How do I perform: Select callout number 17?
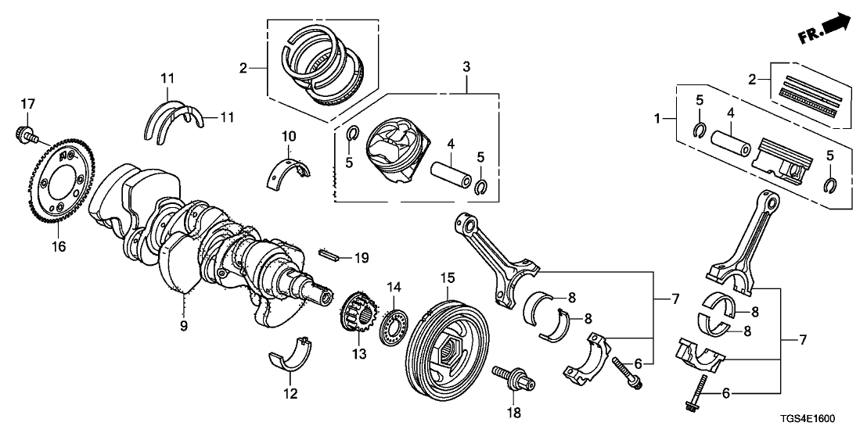click(x=28, y=103)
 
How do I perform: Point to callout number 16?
click(x=59, y=246)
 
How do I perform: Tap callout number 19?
click(x=360, y=257)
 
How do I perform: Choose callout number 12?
click(x=290, y=394)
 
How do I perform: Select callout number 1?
click(x=658, y=119)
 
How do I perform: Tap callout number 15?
click(x=447, y=277)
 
